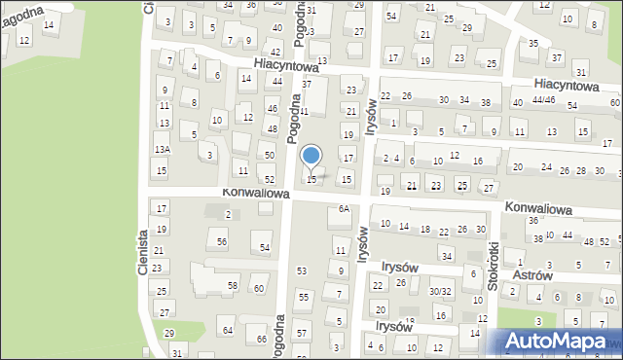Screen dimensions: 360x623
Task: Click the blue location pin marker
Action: (x=311, y=156)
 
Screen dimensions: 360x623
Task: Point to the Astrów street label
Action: (x=532, y=275)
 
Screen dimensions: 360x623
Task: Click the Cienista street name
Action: (x=143, y=251)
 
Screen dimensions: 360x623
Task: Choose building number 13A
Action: (x=162, y=149)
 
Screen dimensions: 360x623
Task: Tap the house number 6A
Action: (x=343, y=209)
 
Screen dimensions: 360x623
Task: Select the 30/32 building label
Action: (x=440, y=291)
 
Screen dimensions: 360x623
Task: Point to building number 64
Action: (x=228, y=331)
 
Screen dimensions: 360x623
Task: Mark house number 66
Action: (x=261, y=339)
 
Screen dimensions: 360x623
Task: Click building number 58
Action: (x=232, y=285)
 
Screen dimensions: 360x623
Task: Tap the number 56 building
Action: (x=222, y=241)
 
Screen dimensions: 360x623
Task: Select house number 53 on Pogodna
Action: (x=302, y=270)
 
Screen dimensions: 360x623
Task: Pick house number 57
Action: (x=302, y=334)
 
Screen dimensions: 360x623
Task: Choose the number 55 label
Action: (x=303, y=296)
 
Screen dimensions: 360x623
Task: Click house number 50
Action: (x=269, y=156)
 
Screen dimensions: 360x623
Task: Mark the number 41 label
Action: (x=304, y=112)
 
